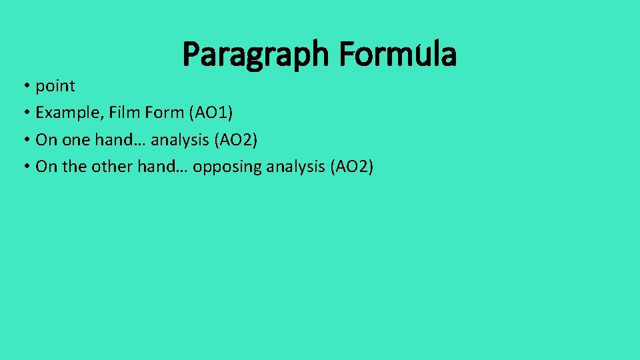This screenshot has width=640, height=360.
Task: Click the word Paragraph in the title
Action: coord(255,55)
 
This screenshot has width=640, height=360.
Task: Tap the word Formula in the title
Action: coord(397,54)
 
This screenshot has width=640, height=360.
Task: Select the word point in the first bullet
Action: coord(55,86)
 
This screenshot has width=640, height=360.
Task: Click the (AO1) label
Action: coord(211,113)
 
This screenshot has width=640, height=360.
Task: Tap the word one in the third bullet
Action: coord(76,140)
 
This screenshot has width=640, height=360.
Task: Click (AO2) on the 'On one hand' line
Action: coord(235,140)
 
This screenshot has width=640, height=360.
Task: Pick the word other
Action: coord(113,167)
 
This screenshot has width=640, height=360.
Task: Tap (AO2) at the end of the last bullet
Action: coord(351,167)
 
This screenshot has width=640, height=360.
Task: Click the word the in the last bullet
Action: coord(74,167)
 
